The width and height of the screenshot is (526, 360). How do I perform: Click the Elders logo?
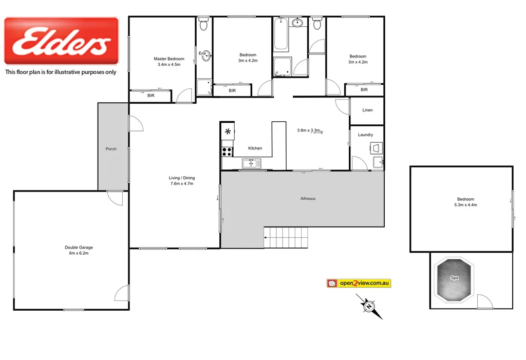point(61,41)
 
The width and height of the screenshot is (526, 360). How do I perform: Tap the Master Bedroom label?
point(169,59)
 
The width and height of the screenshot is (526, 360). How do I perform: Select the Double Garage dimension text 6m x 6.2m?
point(79,254)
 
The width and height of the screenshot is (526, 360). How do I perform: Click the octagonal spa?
point(454,279)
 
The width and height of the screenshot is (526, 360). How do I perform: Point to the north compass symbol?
point(369,307)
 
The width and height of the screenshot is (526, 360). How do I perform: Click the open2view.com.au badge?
point(359,283)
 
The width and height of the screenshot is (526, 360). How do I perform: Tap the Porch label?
point(111,149)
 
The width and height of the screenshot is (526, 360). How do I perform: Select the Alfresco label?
point(308,199)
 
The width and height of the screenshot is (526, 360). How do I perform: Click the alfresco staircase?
point(286,237)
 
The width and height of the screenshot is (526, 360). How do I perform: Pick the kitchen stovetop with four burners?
point(227,151)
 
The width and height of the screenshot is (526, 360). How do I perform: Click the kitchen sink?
point(252,164)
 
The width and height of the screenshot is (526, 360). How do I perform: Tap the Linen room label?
point(367,110)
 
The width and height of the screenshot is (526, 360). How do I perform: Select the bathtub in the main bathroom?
point(280,35)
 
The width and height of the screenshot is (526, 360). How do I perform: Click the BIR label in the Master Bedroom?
point(151,96)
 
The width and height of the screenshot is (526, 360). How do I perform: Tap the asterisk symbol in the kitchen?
point(228,131)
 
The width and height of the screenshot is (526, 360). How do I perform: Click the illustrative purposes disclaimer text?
point(61,72)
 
